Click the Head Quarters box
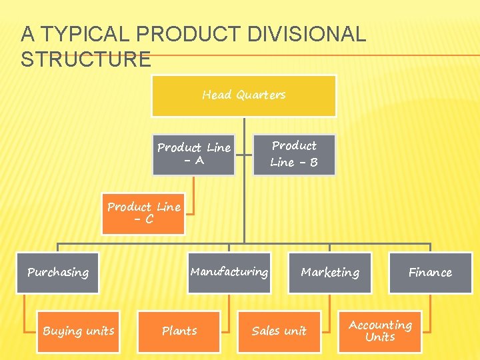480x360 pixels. (244, 95)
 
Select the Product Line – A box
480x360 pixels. (193, 154)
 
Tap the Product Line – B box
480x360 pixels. (294, 154)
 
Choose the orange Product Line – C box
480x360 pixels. (143, 213)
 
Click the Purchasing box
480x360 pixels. (58, 273)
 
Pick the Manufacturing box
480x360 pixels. (229, 272)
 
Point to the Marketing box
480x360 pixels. (330, 273)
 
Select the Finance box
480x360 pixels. (430, 273)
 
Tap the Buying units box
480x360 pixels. (79, 331)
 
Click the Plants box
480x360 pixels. (179, 331)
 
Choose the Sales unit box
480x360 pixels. (279, 331)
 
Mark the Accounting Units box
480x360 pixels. (380, 331)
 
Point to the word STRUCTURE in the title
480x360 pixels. (86, 59)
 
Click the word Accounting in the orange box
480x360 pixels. (380, 325)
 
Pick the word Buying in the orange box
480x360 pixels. (61, 331)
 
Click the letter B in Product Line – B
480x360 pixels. (313, 163)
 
